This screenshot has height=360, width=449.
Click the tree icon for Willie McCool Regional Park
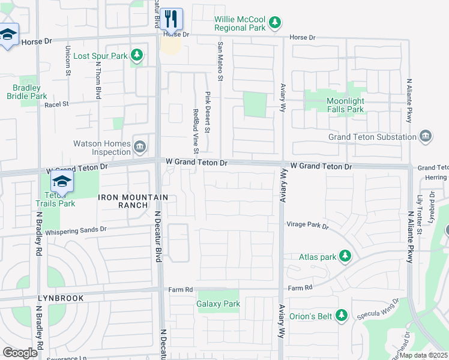pos(275,23)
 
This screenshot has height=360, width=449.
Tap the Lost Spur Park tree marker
pos(137,56)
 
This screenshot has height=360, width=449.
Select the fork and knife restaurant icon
pos(172,20)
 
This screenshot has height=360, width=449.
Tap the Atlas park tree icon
pos(345,257)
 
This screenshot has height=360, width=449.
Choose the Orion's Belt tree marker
pos(342,315)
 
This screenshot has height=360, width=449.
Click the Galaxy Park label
pos(218,304)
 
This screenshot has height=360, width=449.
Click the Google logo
pos(20,352)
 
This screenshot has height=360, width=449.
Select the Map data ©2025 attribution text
pos(423,355)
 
